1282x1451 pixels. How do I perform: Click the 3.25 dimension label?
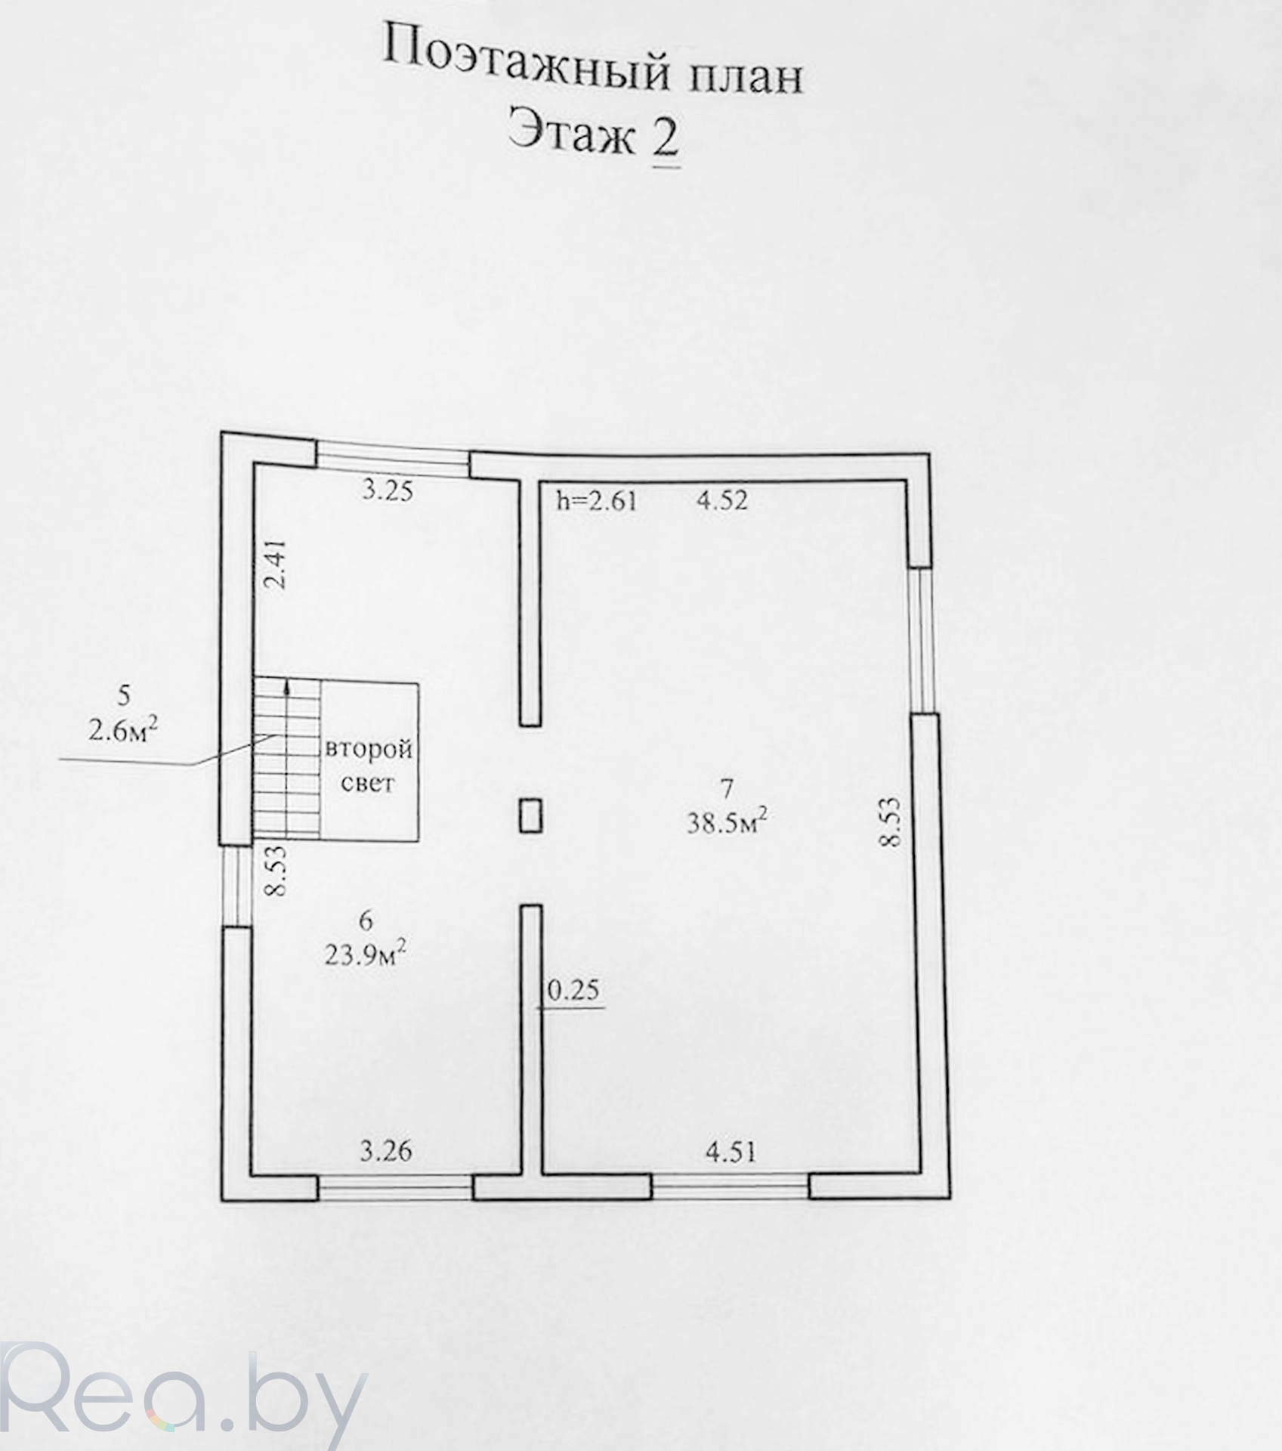388,492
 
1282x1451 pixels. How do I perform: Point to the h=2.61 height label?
597,500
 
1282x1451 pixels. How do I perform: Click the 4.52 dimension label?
722,500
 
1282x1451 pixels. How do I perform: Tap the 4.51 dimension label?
730,1152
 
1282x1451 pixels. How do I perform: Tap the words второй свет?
369,766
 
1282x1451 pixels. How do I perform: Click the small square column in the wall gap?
530,815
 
